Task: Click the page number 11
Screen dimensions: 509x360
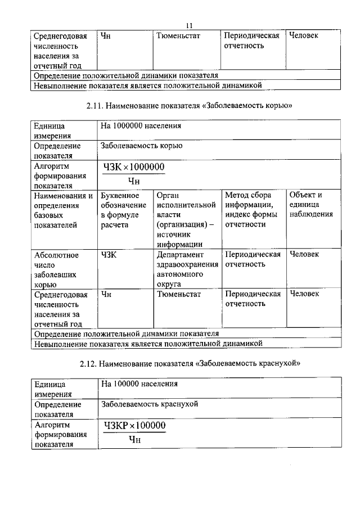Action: [x=190, y=25]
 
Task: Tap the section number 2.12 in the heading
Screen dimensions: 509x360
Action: [x=90, y=363]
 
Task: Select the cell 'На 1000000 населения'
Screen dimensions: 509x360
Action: [x=140, y=125]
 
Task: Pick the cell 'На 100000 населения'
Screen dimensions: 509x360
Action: [x=138, y=384]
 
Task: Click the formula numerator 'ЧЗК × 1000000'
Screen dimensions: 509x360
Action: [x=134, y=167]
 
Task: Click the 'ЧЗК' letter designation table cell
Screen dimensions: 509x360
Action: [x=109, y=254]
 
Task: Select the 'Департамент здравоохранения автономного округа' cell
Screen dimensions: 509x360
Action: [x=187, y=269]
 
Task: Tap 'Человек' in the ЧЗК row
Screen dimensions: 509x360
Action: [x=304, y=254]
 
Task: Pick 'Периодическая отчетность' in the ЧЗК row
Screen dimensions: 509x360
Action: [x=252, y=259]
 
